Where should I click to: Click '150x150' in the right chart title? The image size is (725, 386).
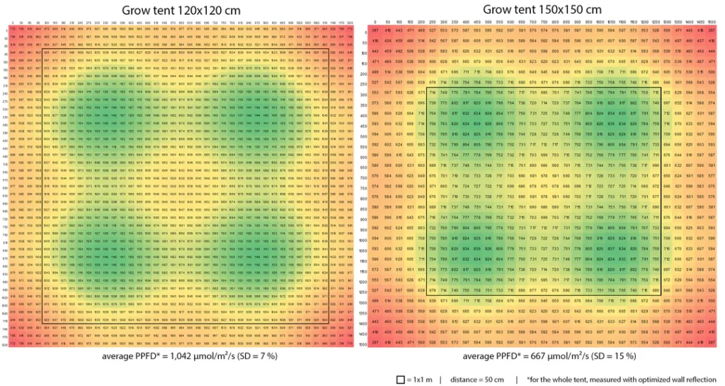544,9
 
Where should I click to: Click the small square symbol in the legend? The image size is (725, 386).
400,379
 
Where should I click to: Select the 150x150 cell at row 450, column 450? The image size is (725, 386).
476,124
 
